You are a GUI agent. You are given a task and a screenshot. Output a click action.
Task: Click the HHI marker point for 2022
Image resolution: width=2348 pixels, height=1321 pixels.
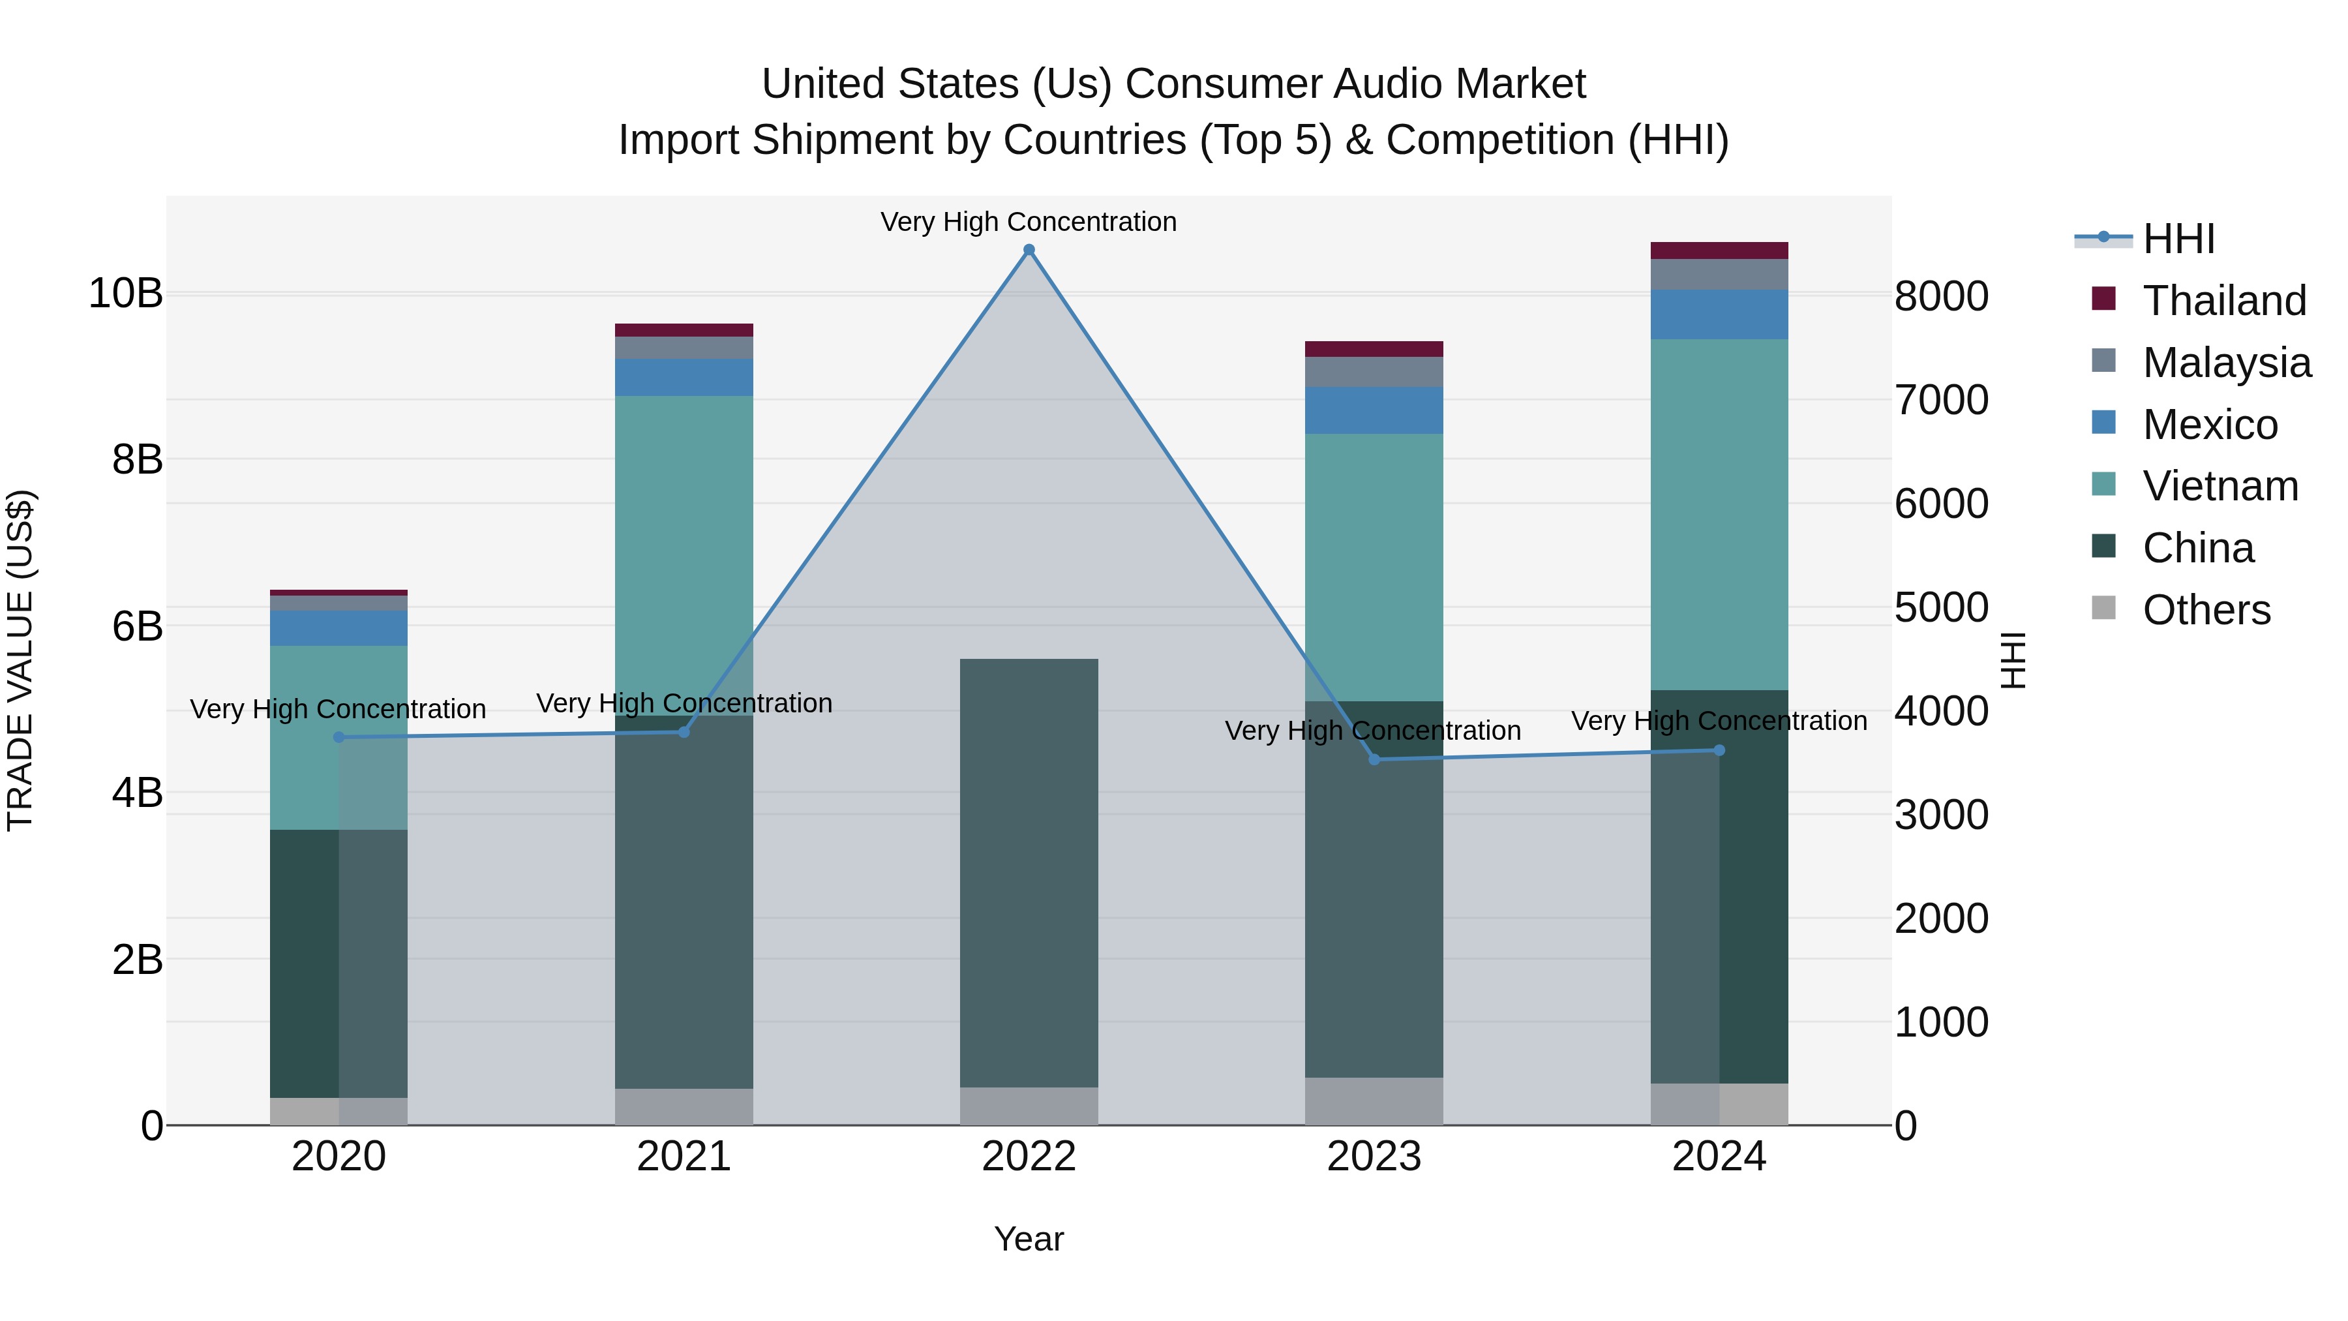(x=1029, y=250)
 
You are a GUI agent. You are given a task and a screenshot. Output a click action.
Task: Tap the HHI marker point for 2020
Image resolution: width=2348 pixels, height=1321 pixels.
(x=339, y=736)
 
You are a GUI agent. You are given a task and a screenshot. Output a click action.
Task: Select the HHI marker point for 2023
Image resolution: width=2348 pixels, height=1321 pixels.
(x=1374, y=759)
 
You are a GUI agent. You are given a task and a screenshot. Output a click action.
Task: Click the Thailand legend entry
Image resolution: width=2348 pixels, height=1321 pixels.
(x=2224, y=301)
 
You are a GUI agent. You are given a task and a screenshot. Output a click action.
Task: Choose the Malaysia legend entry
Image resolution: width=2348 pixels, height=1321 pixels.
(x=2227, y=363)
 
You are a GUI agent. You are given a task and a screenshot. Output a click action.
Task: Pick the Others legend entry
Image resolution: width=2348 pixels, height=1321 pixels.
(x=2206, y=610)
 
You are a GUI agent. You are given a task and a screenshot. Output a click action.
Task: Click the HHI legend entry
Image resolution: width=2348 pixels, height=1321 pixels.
(x=2178, y=239)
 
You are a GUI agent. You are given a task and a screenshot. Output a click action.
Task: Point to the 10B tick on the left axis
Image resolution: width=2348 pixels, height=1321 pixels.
(x=125, y=294)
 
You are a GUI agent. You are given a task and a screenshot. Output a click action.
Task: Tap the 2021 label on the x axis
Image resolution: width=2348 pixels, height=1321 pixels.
(x=684, y=1157)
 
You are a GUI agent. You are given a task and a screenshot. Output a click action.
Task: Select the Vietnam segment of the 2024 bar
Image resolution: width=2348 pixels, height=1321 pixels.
(x=1719, y=515)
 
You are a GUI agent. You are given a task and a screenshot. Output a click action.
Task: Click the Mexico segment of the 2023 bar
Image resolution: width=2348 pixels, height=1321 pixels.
(x=1374, y=410)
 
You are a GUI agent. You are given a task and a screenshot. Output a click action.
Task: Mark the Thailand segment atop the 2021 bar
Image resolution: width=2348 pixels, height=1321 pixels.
(x=684, y=330)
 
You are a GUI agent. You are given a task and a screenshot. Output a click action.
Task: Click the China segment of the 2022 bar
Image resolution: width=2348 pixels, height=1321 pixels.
(x=1029, y=872)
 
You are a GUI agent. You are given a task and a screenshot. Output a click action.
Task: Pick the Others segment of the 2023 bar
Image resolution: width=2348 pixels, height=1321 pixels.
(x=1374, y=1101)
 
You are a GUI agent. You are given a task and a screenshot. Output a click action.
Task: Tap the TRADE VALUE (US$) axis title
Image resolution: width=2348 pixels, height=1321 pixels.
(x=20, y=660)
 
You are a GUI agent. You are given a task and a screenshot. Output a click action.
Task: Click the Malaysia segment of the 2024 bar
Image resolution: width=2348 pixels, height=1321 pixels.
(x=1719, y=275)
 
